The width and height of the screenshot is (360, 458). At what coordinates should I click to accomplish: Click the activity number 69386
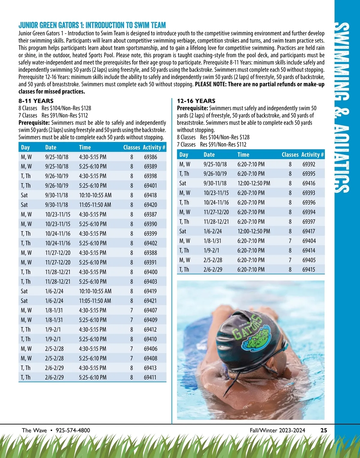[150, 157]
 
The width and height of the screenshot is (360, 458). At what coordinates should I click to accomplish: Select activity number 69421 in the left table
[150, 301]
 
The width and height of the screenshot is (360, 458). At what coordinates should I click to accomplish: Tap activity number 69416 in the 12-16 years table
[309, 183]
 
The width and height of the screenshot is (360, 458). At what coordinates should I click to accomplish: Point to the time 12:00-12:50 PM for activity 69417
[253, 231]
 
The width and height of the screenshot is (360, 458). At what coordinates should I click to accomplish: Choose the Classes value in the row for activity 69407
[131, 310]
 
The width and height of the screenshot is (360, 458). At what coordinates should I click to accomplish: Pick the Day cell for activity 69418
[24, 195]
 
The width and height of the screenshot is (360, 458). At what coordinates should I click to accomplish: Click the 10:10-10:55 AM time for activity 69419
[95, 291]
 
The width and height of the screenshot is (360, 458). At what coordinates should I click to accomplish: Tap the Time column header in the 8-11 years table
[85, 147]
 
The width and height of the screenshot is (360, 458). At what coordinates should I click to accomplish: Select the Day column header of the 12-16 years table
[184, 155]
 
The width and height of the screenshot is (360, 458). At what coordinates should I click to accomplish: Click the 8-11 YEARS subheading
[36, 101]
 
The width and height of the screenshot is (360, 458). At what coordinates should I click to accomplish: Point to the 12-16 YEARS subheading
[196, 101]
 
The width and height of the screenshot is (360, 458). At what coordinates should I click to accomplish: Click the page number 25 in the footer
[324, 430]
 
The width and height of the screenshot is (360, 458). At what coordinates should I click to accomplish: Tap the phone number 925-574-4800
[73, 430]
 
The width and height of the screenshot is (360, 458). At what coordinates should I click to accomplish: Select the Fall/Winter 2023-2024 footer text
[277, 430]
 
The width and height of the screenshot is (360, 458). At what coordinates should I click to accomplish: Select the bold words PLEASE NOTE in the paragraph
[211, 84]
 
